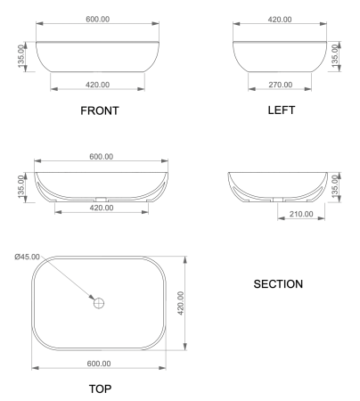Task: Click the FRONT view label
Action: point(99,111)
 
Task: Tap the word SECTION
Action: point(278,284)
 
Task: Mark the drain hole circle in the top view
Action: point(99,303)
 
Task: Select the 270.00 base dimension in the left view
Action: point(280,85)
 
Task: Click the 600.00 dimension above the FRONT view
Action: point(99,20)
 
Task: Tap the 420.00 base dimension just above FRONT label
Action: point(99,85)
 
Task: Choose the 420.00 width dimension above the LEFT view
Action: point(280,20)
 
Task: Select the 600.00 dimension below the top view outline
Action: point(99,363)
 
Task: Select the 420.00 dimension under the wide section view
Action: point(101,208)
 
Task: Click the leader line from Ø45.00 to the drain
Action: point(76,282)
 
